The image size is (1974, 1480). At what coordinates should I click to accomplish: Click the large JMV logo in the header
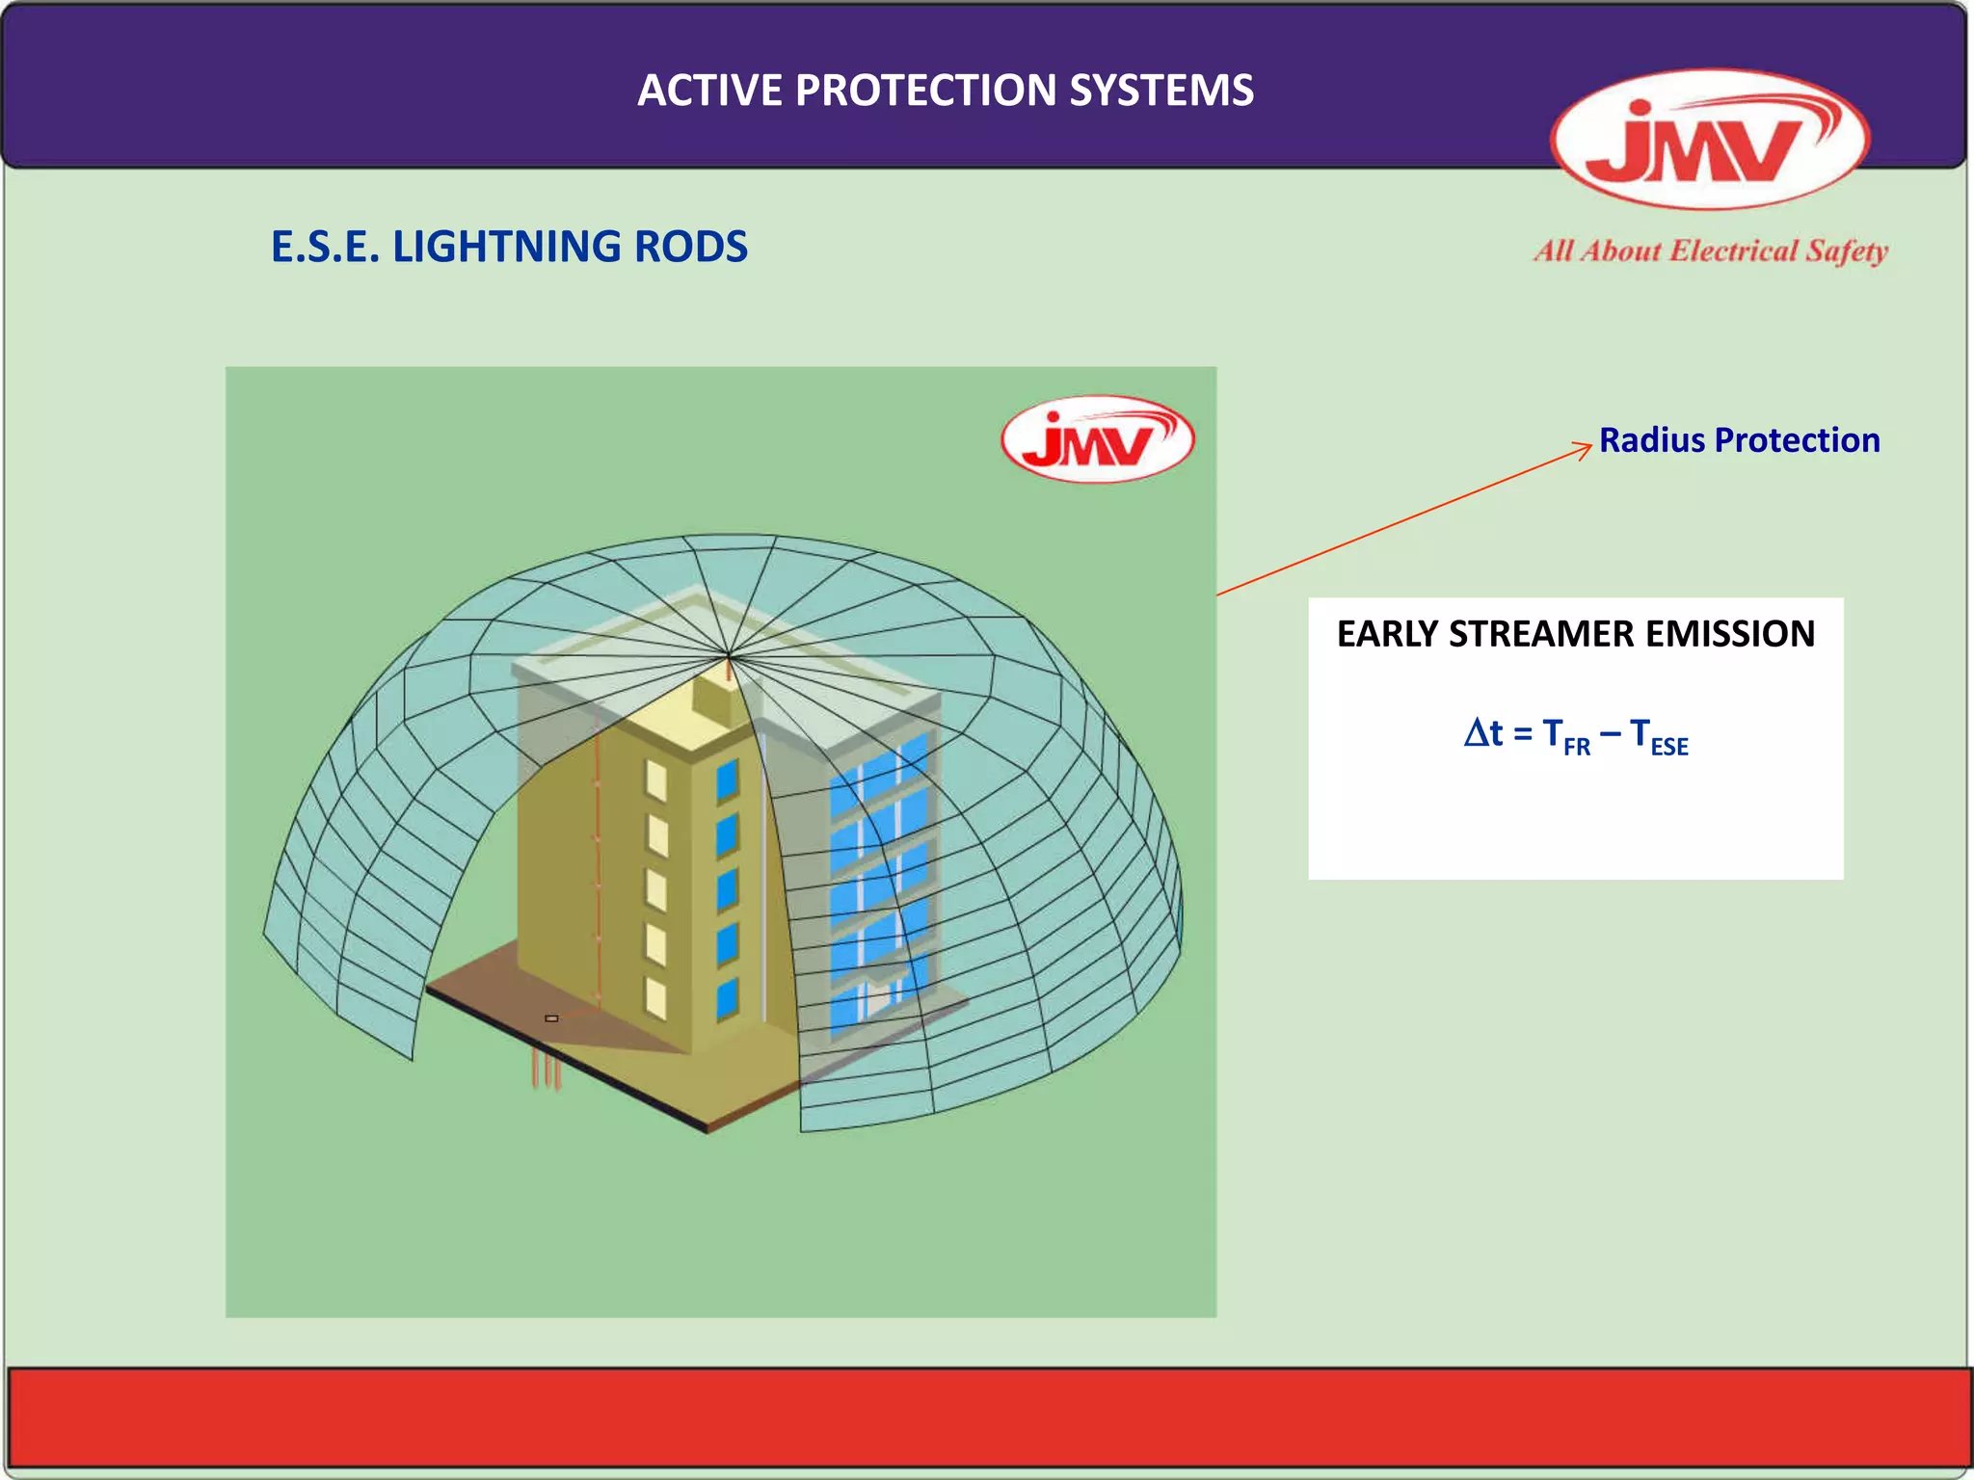click(1709, 140)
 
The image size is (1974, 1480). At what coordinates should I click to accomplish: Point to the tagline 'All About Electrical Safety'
click(1711, 251)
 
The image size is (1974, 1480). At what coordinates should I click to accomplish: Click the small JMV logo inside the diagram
click(1098, 439)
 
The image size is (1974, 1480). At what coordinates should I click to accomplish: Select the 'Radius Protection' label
click(1739, 440)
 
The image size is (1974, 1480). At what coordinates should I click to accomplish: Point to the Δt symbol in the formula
click(1482, 734)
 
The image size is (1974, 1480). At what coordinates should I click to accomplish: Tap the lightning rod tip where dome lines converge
click(729, 657)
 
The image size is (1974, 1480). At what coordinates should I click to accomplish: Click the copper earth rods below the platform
click(547, 1070)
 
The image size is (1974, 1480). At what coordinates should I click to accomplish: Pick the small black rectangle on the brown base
click(551, 1018)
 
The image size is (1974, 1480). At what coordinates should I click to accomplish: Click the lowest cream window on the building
click(655, 998)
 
